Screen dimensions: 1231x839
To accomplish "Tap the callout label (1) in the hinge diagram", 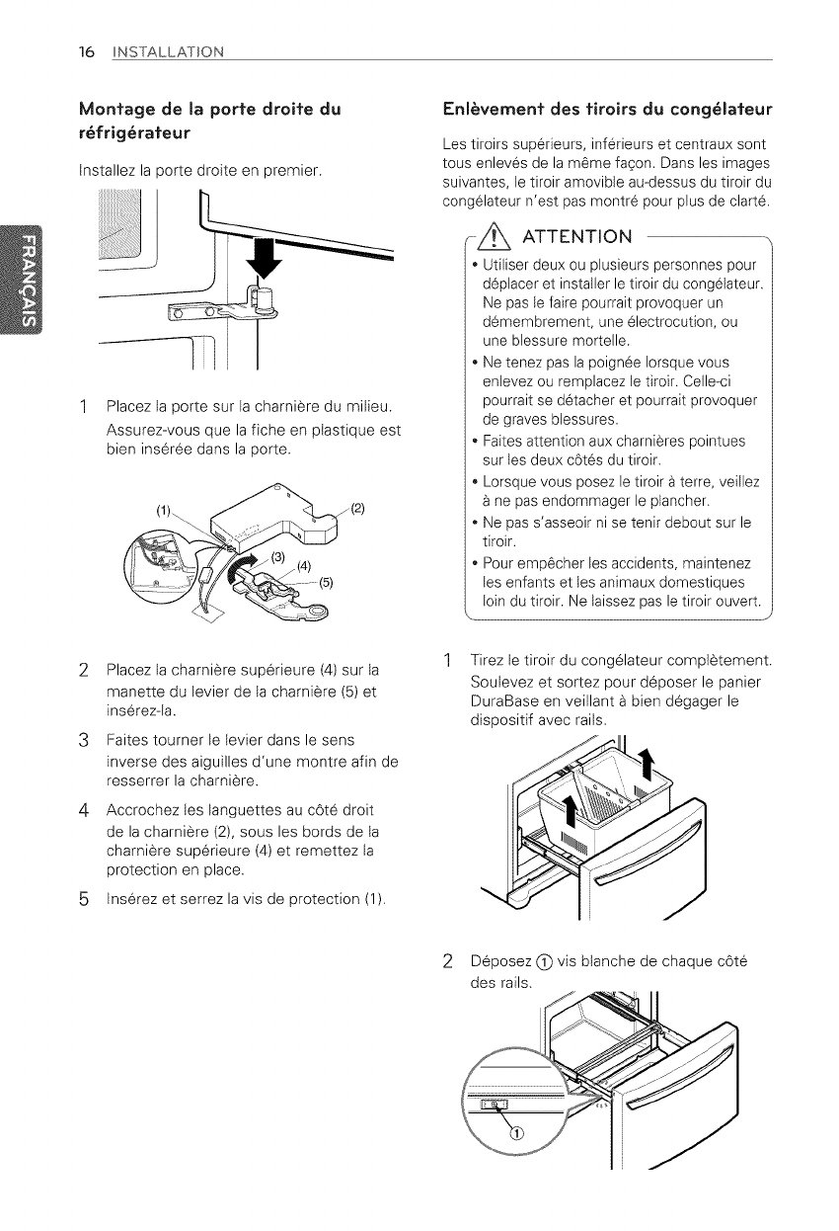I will point(164,511).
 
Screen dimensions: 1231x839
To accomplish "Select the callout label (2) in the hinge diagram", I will point(357,510).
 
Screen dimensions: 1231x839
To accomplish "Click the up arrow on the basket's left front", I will point(572,812).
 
